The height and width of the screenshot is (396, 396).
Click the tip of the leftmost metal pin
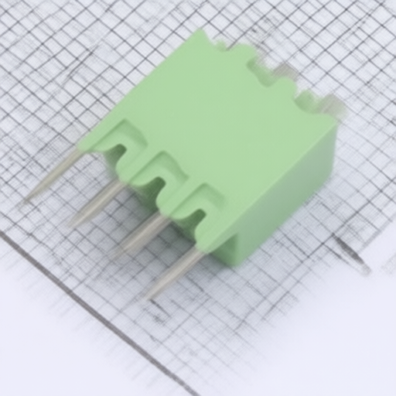29,198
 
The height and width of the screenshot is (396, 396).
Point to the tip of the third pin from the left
114,254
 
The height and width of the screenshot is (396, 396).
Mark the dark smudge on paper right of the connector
352,255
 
